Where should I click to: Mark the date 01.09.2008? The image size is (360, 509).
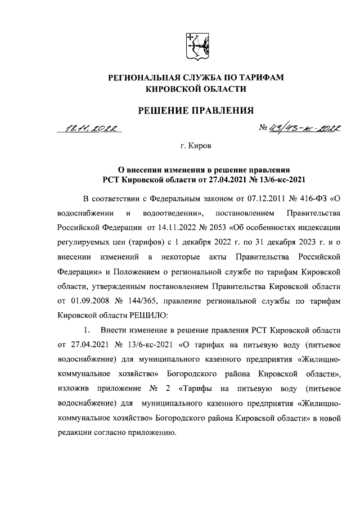tap(89, 301)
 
